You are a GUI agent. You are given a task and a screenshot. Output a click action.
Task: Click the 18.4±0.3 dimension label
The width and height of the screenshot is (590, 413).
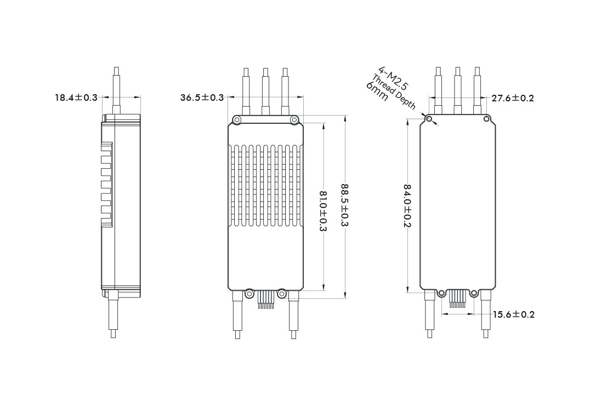click(76, 97)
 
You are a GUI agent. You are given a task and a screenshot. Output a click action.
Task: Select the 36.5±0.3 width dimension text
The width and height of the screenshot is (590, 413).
click(202, 97)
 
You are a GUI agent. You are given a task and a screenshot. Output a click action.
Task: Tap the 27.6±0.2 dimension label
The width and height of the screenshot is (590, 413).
click(513, 98)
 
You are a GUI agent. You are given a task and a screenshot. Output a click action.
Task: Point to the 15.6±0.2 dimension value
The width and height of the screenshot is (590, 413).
click(513, 314)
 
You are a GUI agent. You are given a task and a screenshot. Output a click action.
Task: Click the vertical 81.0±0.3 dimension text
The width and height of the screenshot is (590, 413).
click(323, 211)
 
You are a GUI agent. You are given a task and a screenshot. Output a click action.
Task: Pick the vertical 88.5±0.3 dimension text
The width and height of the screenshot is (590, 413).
click(345, 205)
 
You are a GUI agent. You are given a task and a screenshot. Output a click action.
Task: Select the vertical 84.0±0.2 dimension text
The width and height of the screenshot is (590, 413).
click(407, 206)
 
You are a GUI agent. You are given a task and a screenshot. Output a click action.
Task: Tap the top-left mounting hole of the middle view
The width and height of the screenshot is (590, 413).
click(237, 120)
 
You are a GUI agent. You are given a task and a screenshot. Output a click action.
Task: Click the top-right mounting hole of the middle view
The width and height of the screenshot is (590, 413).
click(294, 120)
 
